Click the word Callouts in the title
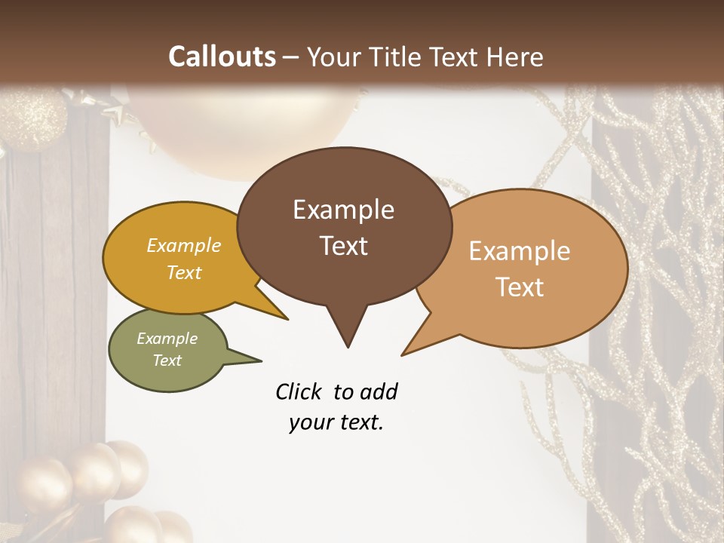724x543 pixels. pyautogui.click(x=222, y=57)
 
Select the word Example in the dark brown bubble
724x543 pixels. pyautogui.click(x=343, y=210)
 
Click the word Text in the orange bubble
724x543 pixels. pyautogui.click(x=520, y=287)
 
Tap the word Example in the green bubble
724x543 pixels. pyautogui.click(x=167, y=339)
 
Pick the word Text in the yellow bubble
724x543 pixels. pyautogui.click(x=184, y=273)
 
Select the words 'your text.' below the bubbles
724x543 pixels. pyautogui.click(x=336, y=423)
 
